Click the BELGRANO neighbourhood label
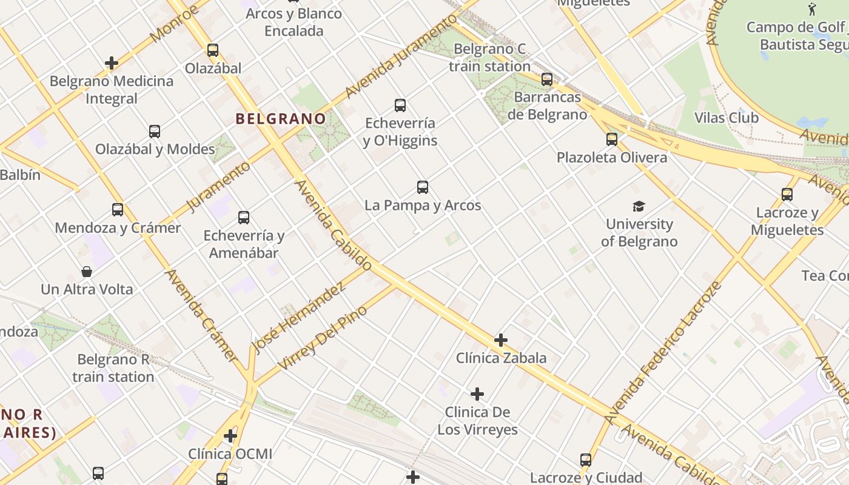pos(280,119)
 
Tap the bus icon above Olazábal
pos(213,50)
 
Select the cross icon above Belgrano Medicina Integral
pos(112,63)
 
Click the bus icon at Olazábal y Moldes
pos(155,132)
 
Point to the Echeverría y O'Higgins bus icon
pos(400,105)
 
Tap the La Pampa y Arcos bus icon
pos(423,187)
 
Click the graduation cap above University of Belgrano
pos(639,207)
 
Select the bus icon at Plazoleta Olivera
pos(612,139)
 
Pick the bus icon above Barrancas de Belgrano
pos(547,79)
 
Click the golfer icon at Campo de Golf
pos(813,9)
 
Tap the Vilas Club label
pos(727,118)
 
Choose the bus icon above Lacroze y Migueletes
pos(787,195)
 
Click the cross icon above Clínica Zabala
pos(501,340)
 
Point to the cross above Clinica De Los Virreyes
pos(477,395)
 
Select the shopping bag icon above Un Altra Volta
pos(87,272)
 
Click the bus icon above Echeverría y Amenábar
pos(244,218)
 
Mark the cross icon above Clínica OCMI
pos(230,436)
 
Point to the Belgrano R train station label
pos(113,368)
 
